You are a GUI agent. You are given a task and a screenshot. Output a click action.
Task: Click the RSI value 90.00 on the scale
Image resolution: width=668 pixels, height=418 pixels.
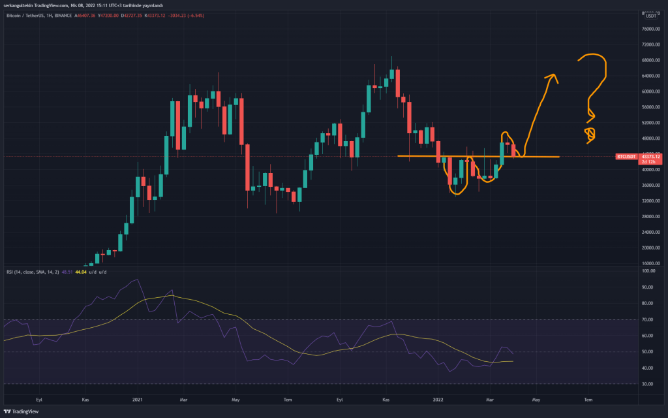coord(648,287)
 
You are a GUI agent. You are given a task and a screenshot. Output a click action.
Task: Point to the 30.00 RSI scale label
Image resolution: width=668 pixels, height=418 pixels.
coord(648,384)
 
